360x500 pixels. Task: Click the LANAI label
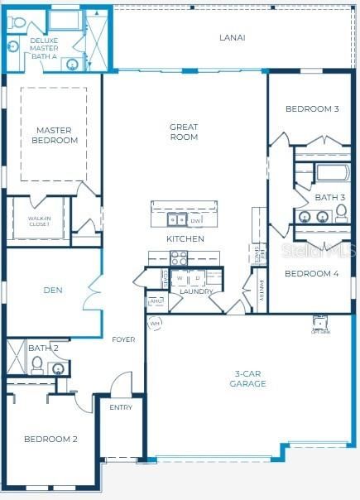(x=232, y=37)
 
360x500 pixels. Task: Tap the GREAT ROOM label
(x=184, y=132)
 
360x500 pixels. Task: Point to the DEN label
(x=54, y=291)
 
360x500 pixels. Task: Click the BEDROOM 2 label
(x=50, y=439)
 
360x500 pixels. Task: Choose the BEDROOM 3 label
(x=312, y=108)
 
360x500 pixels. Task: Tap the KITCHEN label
(x=185, y=238)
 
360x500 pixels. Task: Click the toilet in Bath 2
(x=37, y=364)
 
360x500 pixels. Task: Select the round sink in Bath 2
(x=58, y=368)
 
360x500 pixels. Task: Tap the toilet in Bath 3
(x=340, y=215)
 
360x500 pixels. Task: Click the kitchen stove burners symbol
(x=179, y=258)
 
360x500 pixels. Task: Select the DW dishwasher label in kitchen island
(x=195, y=221)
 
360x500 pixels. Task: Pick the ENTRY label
(x=121, y=407)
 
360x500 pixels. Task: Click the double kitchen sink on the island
(x=176, y=219)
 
